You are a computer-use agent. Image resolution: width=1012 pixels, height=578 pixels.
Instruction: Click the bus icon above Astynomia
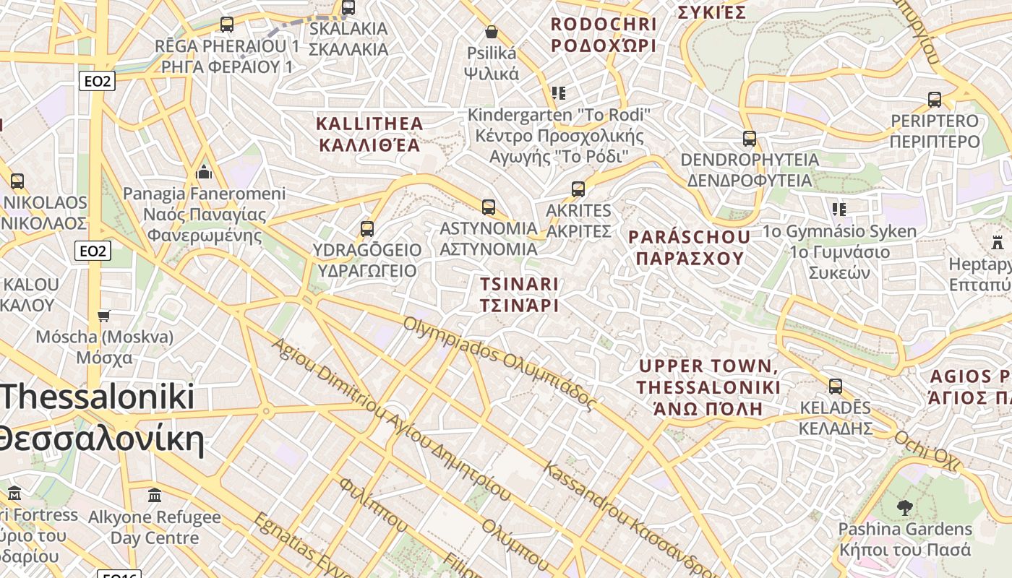489,207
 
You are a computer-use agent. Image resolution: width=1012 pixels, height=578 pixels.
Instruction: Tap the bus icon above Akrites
578,189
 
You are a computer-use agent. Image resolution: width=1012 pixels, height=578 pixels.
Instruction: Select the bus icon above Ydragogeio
367,229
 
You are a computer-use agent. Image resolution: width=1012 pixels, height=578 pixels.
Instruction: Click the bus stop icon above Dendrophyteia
750,138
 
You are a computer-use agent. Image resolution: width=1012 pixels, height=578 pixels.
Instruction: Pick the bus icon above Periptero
935,100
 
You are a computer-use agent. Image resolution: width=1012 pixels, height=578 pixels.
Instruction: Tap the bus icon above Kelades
836,387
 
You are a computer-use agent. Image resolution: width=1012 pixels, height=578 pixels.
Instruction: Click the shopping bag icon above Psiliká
492,32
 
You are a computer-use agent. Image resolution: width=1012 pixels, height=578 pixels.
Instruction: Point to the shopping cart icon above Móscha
104,316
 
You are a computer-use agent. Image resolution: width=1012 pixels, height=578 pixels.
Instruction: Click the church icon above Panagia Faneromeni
204,172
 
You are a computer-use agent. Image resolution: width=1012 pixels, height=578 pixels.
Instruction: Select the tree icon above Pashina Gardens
904,508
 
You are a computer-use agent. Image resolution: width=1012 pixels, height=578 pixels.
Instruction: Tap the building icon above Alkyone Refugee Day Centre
155,496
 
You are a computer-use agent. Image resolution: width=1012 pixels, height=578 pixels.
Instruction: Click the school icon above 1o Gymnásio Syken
839,210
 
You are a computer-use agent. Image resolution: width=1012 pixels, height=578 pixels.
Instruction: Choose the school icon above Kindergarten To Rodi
559,93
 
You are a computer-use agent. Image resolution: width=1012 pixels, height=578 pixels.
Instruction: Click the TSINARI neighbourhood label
519,294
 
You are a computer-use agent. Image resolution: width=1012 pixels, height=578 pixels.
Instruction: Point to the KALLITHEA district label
369,134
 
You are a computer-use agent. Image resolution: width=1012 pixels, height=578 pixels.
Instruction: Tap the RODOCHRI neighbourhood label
604,35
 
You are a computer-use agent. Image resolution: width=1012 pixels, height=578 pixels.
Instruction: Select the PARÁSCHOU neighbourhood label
689,248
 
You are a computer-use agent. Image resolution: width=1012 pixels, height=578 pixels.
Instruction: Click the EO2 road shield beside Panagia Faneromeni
93,251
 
